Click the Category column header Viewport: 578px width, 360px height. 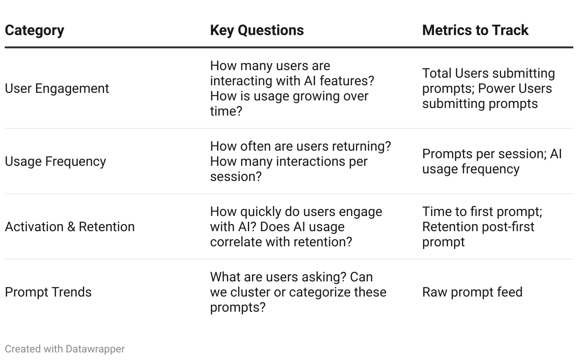pyautogui.click(x=34, y=31)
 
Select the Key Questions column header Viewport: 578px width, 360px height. pyautogui.click(x=257, y=31)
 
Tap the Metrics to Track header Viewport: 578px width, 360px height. pyautogui.click(x=475, y=30)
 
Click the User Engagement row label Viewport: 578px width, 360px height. pyautogui.click(x=57, y=89)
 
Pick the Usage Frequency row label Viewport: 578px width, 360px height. pyautogui.click(x=55, y=162)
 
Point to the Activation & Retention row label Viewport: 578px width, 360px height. pyautogui.click(x=70, y=227)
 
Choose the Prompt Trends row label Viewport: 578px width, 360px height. pyautogui.click(x=48, y=292)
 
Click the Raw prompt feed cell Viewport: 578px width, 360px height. pyautogui.click(x=472, y=292)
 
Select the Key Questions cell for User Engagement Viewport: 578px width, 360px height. pyautogui.click(x=292, y=89)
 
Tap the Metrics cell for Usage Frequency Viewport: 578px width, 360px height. pyautogui.click(x=492, y=162)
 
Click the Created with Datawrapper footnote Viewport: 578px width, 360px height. pyautogui.click(x=64, y=349)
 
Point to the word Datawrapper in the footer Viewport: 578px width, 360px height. pyautogui.click(x=95, y=349)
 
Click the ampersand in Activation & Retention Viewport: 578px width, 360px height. pyautogui.click(x=71, y=227)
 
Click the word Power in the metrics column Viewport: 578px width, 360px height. pyautogui.click(x=493, y=89)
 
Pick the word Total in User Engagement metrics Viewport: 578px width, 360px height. pyautogui.click(x=437, y=73)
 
